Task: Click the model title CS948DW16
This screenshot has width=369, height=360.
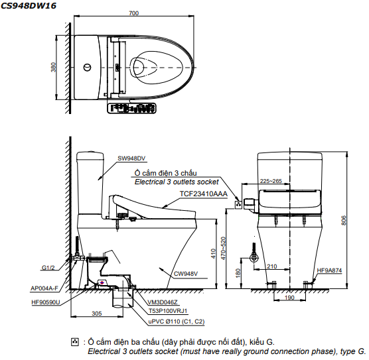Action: point(29,5)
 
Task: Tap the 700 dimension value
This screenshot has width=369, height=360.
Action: point(133,13)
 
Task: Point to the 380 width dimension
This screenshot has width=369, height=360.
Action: point(53,67)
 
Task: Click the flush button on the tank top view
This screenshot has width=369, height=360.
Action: point(87,68)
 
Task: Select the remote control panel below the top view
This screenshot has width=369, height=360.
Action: point(131,109)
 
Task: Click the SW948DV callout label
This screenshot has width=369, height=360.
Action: point(131,158)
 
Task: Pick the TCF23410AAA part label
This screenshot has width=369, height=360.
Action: point(203,194)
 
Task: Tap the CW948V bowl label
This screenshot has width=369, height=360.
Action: point(186,274)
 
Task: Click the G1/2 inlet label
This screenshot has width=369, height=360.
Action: point(48,268)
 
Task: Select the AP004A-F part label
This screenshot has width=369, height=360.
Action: point(44,288)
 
